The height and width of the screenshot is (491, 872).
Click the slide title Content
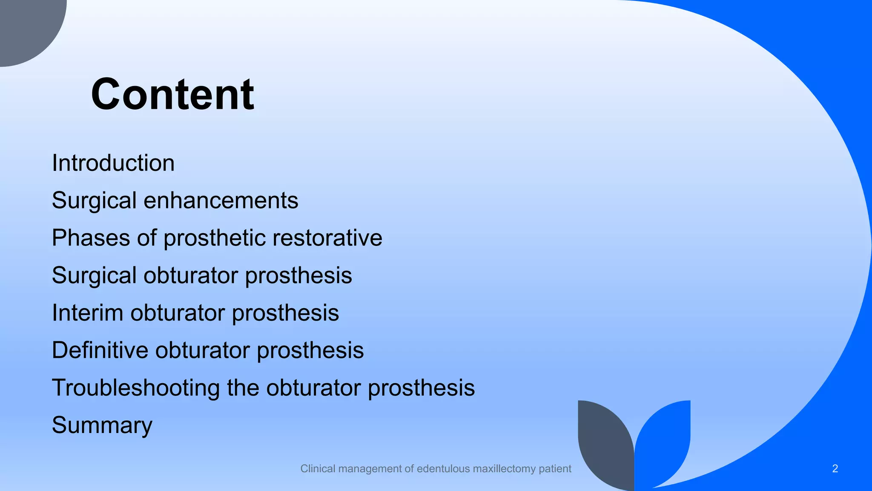point(172,95)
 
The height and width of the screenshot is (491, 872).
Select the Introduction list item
point(113,163)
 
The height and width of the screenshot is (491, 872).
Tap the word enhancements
point(221,200)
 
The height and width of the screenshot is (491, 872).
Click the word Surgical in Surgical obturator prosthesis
point(94,275)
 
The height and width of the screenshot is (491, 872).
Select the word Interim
point(87,313)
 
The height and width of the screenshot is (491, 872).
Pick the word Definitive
point(100,350)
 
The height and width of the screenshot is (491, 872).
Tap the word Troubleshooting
point(135,388)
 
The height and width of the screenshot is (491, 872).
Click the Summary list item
point(102,425)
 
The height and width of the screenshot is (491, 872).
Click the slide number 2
point(835,469)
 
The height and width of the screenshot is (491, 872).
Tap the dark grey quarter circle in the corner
point(26,26)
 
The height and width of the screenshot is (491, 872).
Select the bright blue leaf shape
point(664,443)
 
